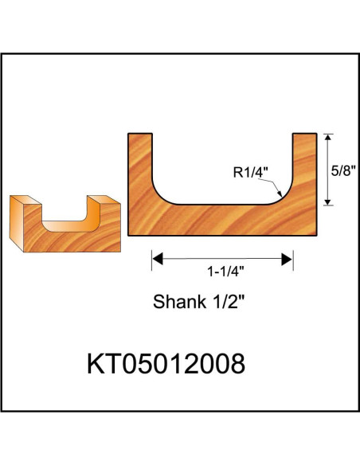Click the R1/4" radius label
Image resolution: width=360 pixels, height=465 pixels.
click(x=249, y=170)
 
